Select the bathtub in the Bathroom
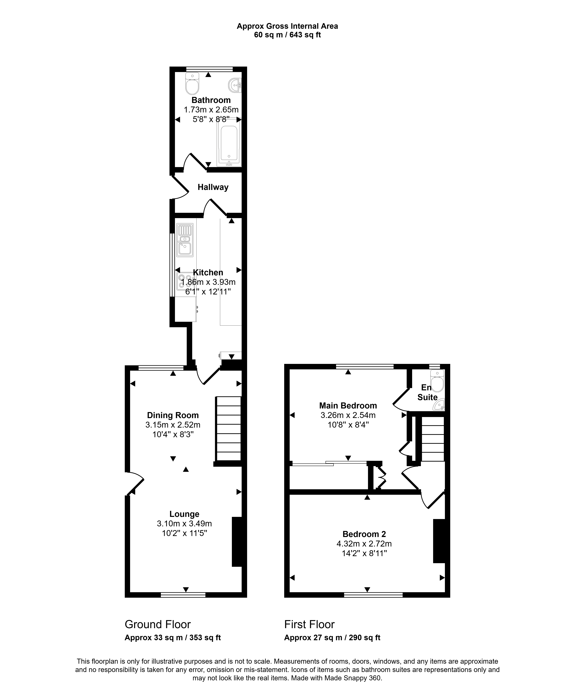click(229, 142)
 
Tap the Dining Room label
click(173, 415)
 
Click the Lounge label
click(184, 514)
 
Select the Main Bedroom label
click(348, 406)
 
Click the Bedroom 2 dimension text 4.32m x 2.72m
click(364, 543)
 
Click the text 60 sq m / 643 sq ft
click(287, 35)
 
